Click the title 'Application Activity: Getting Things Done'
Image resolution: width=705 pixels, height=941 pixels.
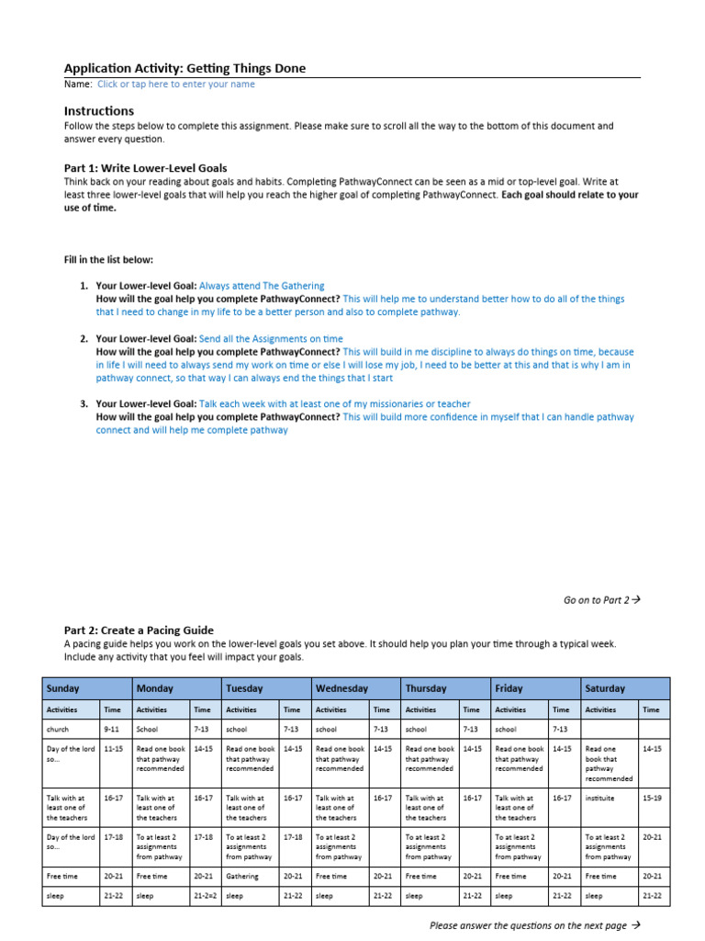(185, 68)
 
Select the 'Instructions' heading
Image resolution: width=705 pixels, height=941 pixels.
(98, 111)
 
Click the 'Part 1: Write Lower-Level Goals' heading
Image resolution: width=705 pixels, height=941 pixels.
(145, 168)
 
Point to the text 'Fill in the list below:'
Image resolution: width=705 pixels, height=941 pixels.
(108, 260)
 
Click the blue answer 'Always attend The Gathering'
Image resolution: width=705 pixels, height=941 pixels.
(262, 286)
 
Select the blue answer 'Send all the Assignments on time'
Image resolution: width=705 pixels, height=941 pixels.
(271, 339)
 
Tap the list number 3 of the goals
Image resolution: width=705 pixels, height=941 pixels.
(84, 403)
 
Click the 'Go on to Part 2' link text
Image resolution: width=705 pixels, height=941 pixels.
(600, 600)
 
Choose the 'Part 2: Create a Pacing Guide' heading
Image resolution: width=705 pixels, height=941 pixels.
(139, 630)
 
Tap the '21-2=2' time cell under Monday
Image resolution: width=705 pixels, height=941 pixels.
(206, 895)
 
